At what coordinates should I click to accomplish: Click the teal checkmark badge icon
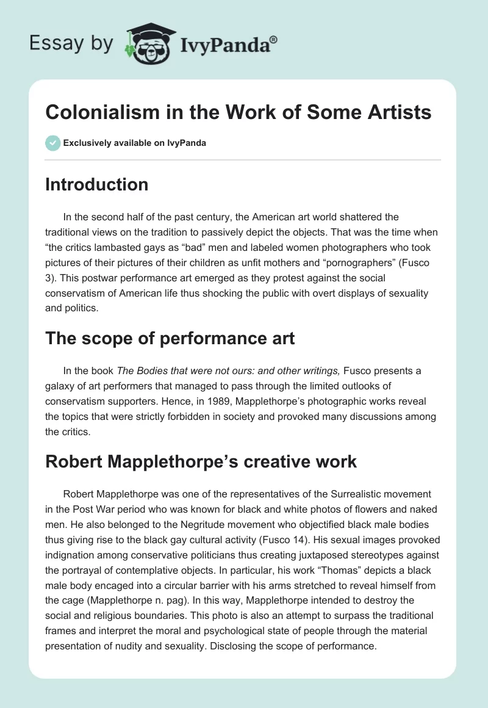[x=52, y=143]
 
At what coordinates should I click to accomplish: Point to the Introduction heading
[x=96, y=184]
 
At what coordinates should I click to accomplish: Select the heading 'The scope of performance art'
[x=170, y=339]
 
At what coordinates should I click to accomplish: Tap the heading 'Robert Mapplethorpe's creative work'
[x=201, y=461]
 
